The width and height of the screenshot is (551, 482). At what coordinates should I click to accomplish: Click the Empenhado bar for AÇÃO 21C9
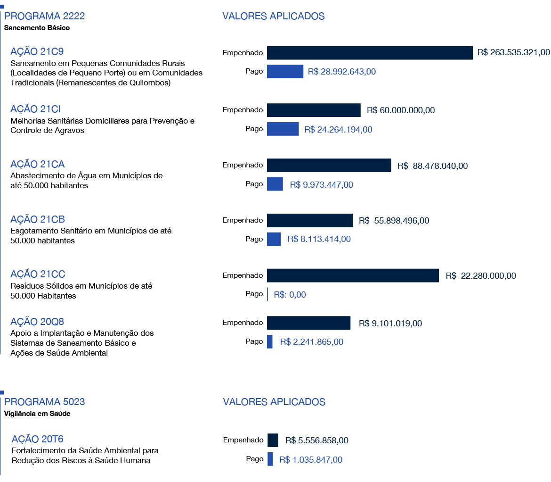pyautogui.click(x=370, y=53)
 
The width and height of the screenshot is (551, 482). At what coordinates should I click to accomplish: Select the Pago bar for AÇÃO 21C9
pyautogui.click(x=285, y=72)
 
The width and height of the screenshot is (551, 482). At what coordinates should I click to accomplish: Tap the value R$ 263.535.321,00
pyautogui.click(x=513, y=52)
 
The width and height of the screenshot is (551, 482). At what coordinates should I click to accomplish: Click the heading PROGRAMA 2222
pyautogui.click(x=44, y=16)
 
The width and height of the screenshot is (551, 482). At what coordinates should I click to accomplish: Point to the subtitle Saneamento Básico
pyautogui.click(x=37, y=28)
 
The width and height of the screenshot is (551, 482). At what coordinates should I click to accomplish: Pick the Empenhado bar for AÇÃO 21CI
pyautogui.click(x=314, y=110)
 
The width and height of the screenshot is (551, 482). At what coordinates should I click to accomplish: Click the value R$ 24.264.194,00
pyautogui.click(x=338, y=130)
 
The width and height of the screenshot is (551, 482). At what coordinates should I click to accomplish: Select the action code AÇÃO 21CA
pyautogui.click(x=37, y=164)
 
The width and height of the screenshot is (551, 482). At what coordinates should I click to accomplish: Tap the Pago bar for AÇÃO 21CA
pyautogui.click(x=275, y=184)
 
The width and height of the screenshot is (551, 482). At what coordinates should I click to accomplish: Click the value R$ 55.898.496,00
pyautogui.click(x=394, y=221)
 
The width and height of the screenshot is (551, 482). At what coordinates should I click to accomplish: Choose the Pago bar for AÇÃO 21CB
pyautogui.click(x=274, y=239)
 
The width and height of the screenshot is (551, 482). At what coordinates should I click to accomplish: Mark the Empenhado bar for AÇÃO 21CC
pyautogui.click(x=353, y=275)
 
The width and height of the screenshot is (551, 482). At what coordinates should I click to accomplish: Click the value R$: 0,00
pyautogui.click(x=290, y=295)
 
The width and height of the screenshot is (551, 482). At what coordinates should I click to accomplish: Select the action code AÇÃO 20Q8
pyautogui.click(x=37, y=322)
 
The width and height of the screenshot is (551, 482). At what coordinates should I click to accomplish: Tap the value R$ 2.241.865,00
pyautogui.click(x=312, y=342)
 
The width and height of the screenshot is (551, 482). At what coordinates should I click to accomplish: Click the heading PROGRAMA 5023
pyautogui.click(x=45, y=402)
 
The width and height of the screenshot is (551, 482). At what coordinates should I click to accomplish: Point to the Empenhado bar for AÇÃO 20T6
pyautogui.click(x=273, y=440)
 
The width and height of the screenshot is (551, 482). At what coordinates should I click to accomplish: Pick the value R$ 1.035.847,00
pyautogui.click(x=311, y=460)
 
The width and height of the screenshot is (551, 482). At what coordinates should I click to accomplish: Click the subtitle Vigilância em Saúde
pyautogui.click(x=37, y=414)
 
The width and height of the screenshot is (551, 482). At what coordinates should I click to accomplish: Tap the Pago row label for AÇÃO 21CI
pyautogui.click(x=254, y=129)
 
